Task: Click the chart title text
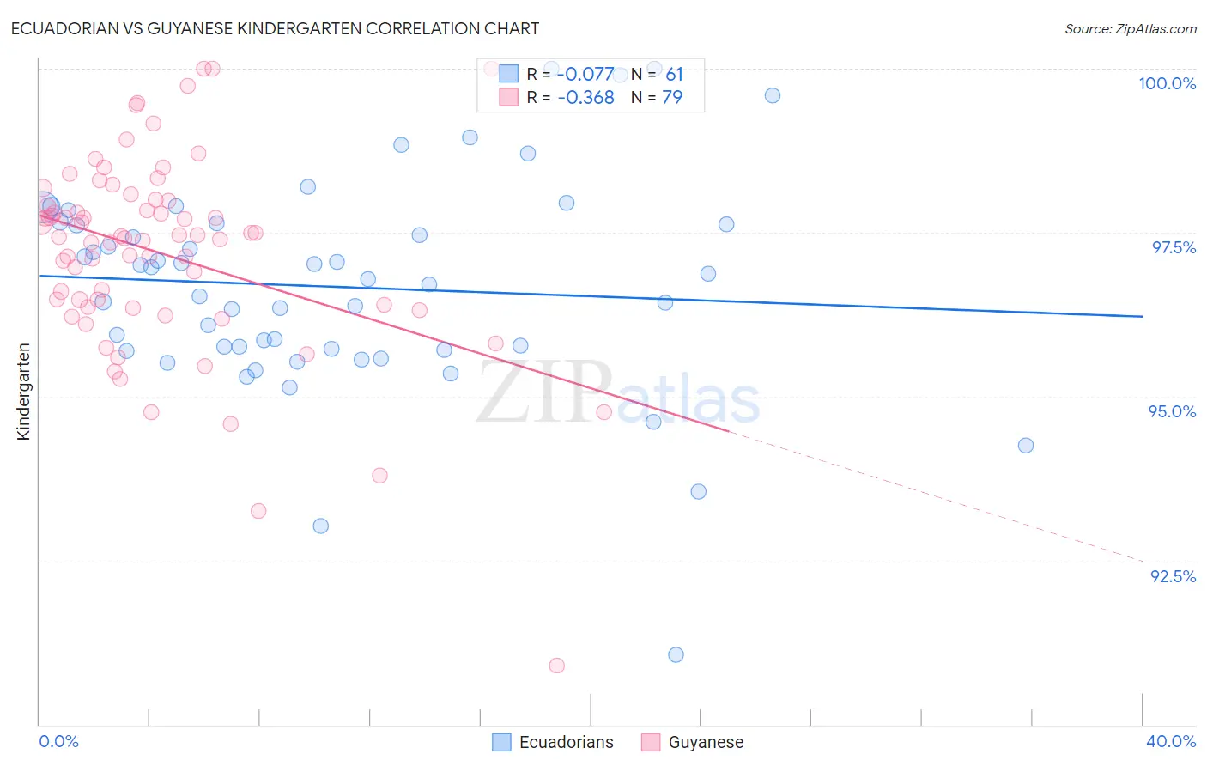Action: [x=275, y=28]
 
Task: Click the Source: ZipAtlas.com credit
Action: [x=1130, y=29]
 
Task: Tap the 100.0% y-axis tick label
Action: [x=1167, y=83]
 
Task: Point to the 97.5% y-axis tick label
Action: [x=1173, y=247]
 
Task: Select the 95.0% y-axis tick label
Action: [x=1172, y=411]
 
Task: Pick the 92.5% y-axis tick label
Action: [x=1173, y=576]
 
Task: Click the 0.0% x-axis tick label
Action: [x=58, y=741]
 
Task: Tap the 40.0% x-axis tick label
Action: [x=1170, y=741]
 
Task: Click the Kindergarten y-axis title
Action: [x=23, y=392]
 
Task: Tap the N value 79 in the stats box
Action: [x=672, y=98]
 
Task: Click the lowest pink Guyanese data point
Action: [x=556, y=666]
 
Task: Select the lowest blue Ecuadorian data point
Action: [x=676, y=655]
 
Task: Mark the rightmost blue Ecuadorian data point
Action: [x=1025, y=446]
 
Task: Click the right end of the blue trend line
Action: [x=1142, y=317]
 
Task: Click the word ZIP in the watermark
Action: [x=544, y=393]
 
